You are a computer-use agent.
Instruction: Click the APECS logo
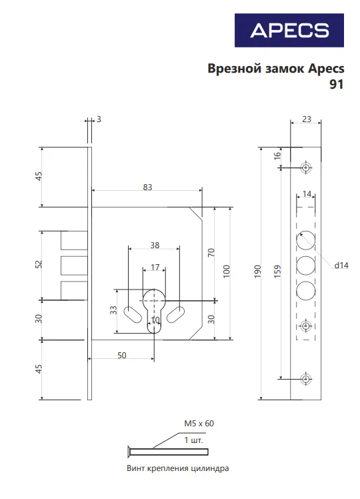coord(289,30)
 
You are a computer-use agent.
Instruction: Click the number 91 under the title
coord(336,84)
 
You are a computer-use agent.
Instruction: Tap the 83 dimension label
coord(147,187)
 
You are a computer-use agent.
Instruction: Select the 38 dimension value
coord(155,245)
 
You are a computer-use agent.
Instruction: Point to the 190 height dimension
coord(257,272)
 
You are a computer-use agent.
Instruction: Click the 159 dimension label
coord(277,272)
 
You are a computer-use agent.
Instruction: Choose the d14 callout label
coord(341,265)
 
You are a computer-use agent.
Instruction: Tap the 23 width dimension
coord(306,119)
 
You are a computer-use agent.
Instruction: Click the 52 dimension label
coord(38,264)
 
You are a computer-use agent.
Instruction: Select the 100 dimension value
coord(226,272)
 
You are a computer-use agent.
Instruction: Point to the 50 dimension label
coord(122,355)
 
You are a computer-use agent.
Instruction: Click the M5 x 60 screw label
coord(199,423)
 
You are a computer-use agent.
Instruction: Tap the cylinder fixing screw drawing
coord(168,452)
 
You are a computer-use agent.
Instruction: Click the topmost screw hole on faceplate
coord(306,167)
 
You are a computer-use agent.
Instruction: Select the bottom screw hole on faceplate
coord(306,379)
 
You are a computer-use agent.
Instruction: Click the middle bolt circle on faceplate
coord(306,265)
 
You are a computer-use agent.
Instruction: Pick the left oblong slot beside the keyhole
coord(133,314)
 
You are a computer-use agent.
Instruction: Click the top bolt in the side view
coord(74,240)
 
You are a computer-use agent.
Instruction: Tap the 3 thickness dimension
coord(99,119)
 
